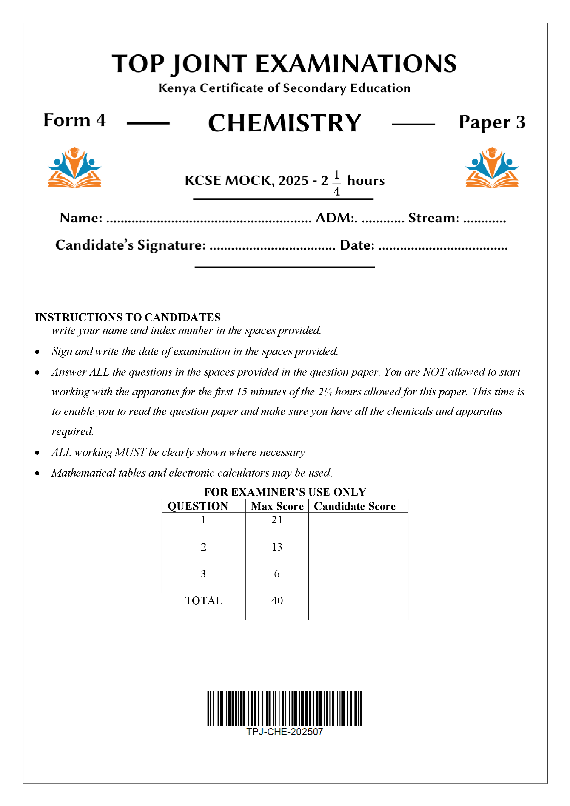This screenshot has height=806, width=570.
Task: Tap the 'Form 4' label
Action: pyautogui.click(x=74, y=120)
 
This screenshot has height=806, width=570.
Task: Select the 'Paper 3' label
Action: pyautogui.click(x=492, y=122)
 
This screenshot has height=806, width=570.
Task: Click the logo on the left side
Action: pyautogui.click(x=74, y=167)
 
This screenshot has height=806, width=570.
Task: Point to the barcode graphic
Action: pyautogui.click(x=285, y=708)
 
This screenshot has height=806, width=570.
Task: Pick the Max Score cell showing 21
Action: pyautogui.click(x=277, y=520)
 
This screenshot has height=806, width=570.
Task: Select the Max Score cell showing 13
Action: pyautogui.click(x=277, y=547)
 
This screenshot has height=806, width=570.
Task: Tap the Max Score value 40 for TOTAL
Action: pyautogui.click(x=277, y=601)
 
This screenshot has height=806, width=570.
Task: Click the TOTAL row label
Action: pyautogui.click(x=204, y=601)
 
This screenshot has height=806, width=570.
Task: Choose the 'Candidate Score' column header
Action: pyautogui.click(x=354, y=506)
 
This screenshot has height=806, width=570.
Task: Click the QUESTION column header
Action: pyautogui.click(x=198, y=506)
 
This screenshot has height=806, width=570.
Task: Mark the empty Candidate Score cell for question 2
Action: pyautogui.click(x=358, y=553)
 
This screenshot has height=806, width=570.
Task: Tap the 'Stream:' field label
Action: pyautogui.click(x=433, y=218)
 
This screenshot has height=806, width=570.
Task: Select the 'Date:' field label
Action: pyautogui.click(x=357, y=245)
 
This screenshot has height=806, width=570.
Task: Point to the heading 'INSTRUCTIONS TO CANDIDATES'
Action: pyautogui.click(x=128, y=317)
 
